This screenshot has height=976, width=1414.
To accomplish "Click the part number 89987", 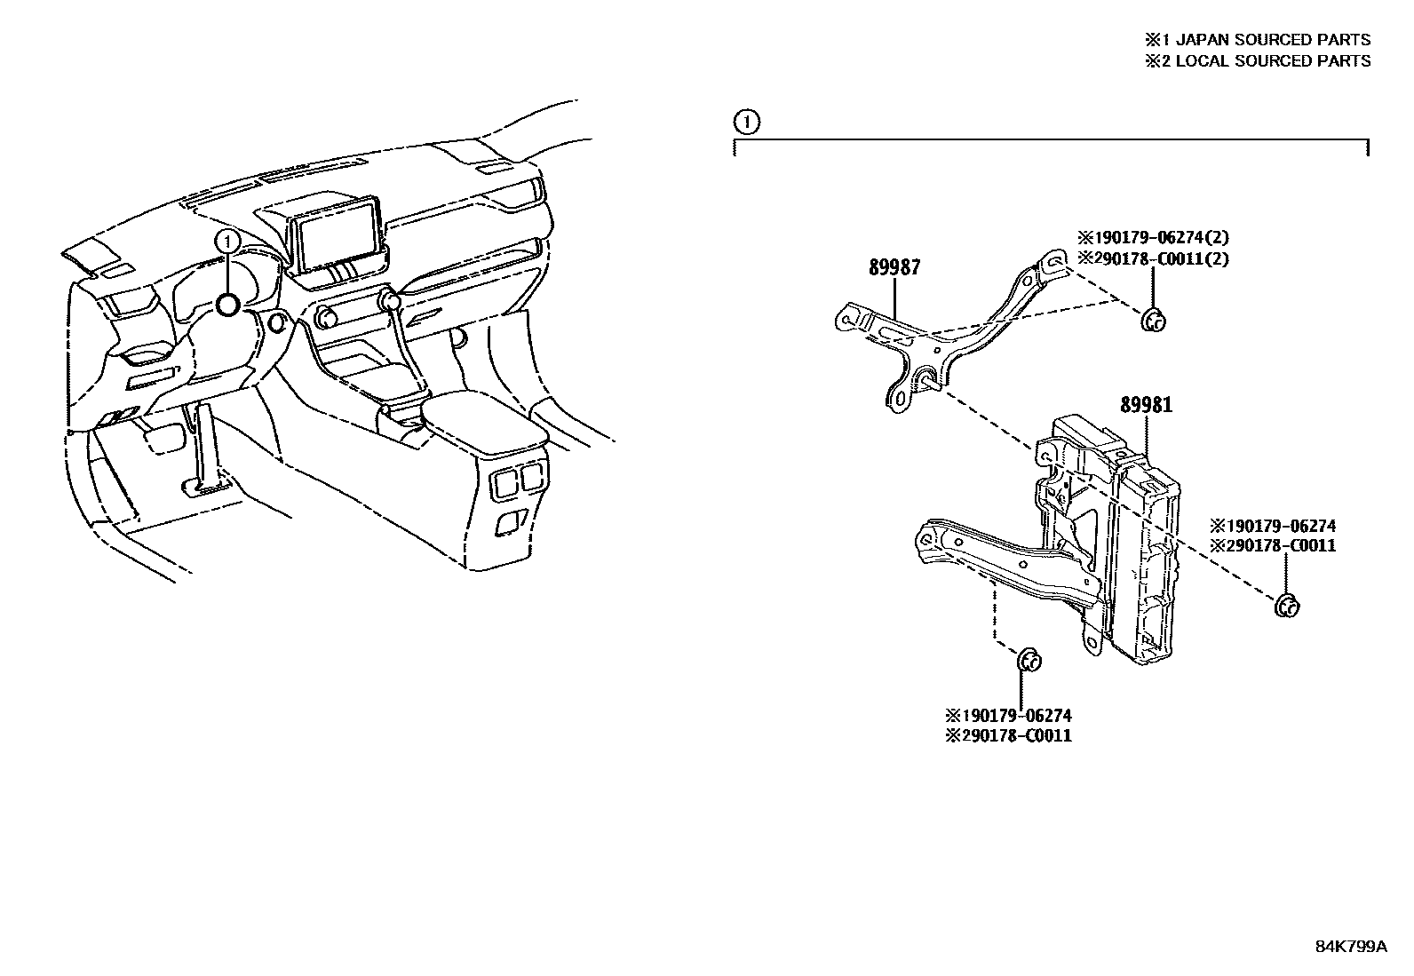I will click(894, 267).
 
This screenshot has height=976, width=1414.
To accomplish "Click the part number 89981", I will click(1146, 405).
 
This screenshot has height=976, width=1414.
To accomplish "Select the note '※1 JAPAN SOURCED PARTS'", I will click(1257, 40).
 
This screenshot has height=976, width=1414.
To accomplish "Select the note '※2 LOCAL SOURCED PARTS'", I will click(1257, 61).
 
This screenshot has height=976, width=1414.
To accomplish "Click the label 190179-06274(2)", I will click(1153, 238).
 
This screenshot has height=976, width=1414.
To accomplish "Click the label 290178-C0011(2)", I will click(1153, 258).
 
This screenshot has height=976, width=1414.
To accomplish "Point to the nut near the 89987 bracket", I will click(1152, 321).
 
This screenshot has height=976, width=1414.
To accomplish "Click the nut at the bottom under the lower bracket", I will click(1029, 661).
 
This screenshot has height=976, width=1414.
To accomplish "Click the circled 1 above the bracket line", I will click(747, 122).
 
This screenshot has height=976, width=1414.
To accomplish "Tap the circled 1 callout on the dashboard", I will click(228, 241).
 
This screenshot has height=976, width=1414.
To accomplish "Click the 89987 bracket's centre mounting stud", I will click(925, 381).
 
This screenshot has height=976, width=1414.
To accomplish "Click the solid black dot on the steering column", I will click(228, 305).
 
